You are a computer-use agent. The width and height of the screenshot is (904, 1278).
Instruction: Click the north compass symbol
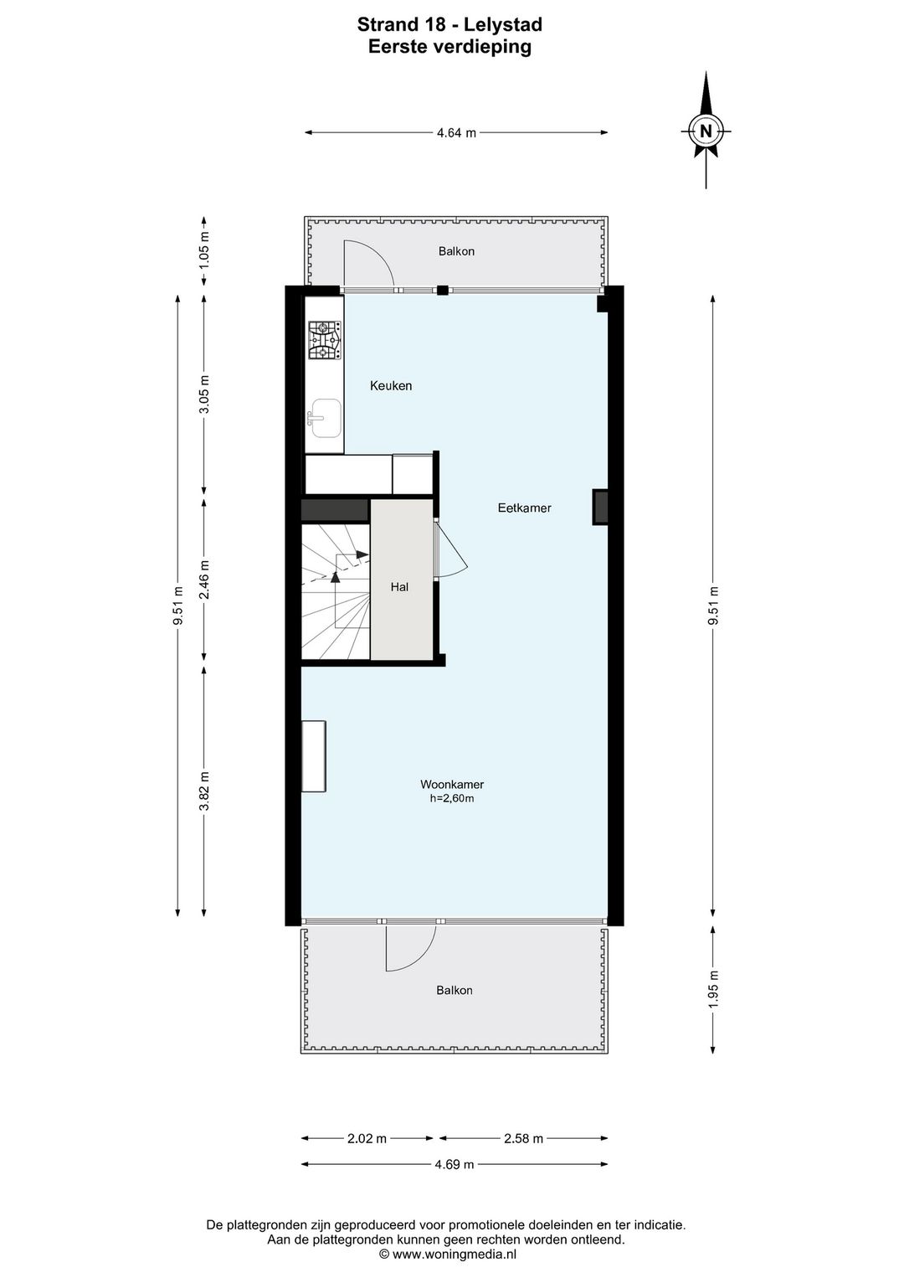[x=706, y=131]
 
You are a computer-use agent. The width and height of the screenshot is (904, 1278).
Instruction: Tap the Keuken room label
[x=391, y=386]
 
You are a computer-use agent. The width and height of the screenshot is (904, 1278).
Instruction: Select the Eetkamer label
[x=524, y=508]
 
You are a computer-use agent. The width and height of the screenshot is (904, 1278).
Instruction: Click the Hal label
[x=399, y=587]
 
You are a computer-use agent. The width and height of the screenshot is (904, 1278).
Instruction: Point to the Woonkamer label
[x=452, y=785]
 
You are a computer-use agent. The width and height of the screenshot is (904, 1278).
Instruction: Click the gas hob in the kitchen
[x=324, y=341]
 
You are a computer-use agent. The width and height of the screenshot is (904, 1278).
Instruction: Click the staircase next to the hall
[x=336, y=591]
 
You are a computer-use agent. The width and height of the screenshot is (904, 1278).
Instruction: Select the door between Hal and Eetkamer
[x=450, y=549]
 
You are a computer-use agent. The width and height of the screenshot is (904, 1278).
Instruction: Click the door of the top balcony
[x=368, y=264]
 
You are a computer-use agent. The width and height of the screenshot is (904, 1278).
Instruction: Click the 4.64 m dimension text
[x=456, y=132]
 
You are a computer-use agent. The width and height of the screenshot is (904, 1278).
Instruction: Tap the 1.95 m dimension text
[x=713, y=989]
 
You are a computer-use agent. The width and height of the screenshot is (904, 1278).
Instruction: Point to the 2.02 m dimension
[x=367, y=1138]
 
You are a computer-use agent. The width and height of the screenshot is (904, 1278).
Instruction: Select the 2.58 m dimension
[x=523, y=1138]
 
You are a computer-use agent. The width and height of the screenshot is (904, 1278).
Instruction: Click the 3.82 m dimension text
[x=204, y=790]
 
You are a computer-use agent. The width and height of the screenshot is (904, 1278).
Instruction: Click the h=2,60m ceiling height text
[x=452, y=799]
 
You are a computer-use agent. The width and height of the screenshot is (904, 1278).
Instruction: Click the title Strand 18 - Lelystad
[x=449, y=26]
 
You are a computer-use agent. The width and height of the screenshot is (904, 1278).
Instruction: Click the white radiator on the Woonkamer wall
[x=315, y=755]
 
